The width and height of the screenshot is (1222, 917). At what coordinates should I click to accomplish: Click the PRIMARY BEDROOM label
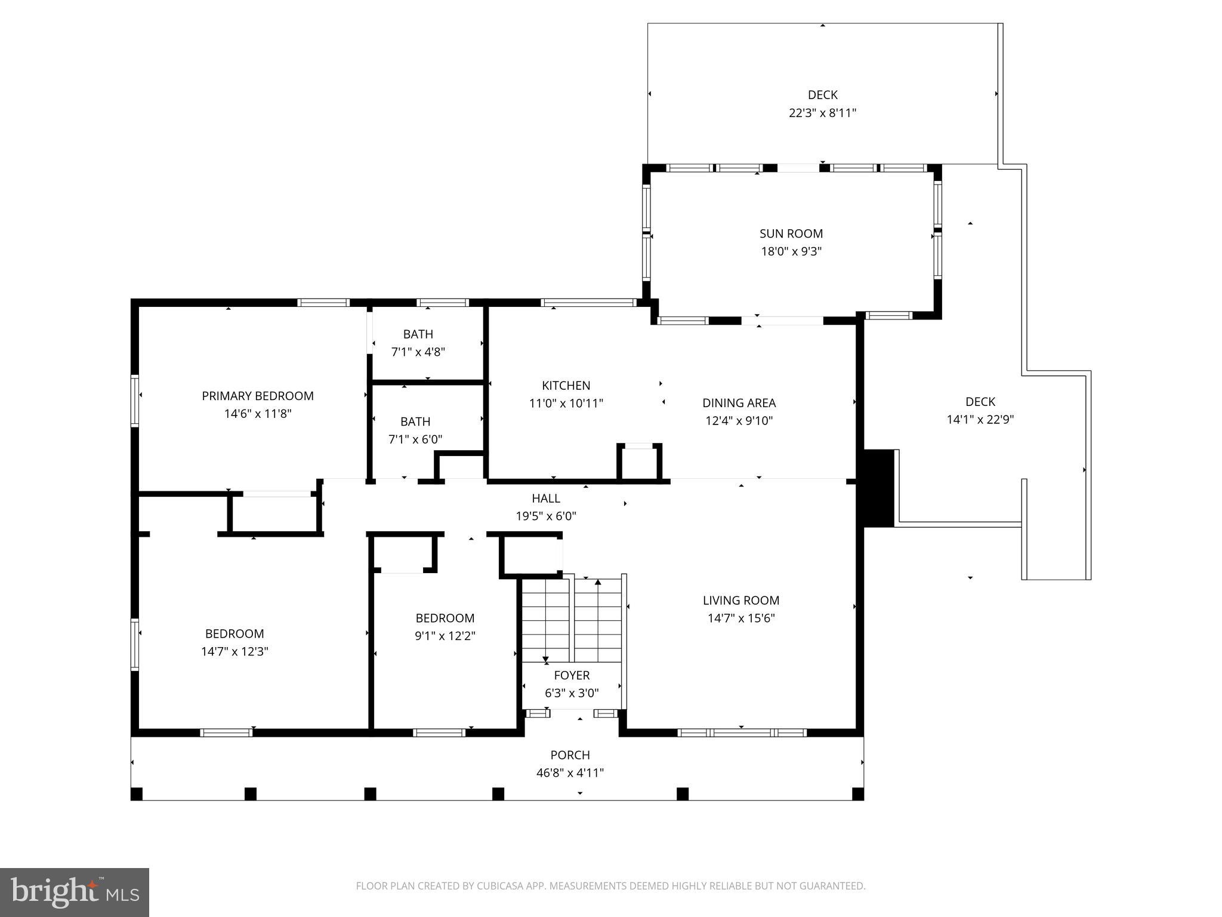click(257, 396)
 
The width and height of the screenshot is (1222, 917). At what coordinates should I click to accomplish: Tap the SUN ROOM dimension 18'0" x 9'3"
click(791, 251)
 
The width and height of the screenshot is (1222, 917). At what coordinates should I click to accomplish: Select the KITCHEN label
click(566, 386)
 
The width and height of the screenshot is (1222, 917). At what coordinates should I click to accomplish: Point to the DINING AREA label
click(739, 403)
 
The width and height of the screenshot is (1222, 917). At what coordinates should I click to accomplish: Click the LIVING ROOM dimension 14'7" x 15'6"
click(740, 618)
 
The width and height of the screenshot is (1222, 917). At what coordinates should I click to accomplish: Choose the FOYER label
click(572, 675)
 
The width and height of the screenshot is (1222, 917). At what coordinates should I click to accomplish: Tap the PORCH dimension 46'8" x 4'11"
click(570, 773)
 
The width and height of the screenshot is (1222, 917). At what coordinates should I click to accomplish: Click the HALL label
click(546, 498)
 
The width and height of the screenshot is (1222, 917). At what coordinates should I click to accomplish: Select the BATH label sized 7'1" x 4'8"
click(418, 334)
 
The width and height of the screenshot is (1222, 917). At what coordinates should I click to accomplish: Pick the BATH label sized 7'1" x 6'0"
click(415, 421)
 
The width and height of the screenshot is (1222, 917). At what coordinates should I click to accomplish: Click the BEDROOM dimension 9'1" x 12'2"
click(445, 636)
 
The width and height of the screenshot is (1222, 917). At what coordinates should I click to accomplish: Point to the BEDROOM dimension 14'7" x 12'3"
click(234, 651)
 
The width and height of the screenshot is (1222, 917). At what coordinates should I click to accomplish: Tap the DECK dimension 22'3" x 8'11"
click(822, 113)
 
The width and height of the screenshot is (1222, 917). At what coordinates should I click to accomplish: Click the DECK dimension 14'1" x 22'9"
click(980, 420)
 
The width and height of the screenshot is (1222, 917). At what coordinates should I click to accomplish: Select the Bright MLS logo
click(74, 892)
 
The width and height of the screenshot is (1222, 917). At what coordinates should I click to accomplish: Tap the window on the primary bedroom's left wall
click(135, 401)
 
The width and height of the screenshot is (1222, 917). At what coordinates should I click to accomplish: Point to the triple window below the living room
click(742, 733)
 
